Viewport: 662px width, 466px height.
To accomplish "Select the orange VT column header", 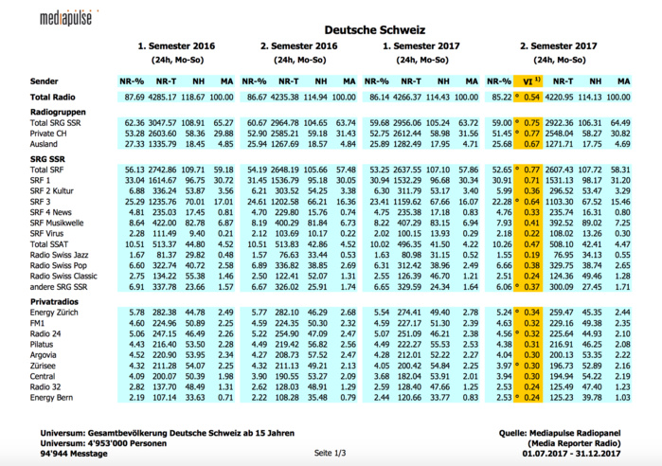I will [532, 81].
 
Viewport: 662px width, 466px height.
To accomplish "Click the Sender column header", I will [45, 81].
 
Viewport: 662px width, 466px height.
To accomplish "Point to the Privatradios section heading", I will [54, 299].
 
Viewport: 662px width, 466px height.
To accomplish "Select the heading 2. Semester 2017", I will [558, 45].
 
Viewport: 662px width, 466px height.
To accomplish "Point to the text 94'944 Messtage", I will [74, 454].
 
